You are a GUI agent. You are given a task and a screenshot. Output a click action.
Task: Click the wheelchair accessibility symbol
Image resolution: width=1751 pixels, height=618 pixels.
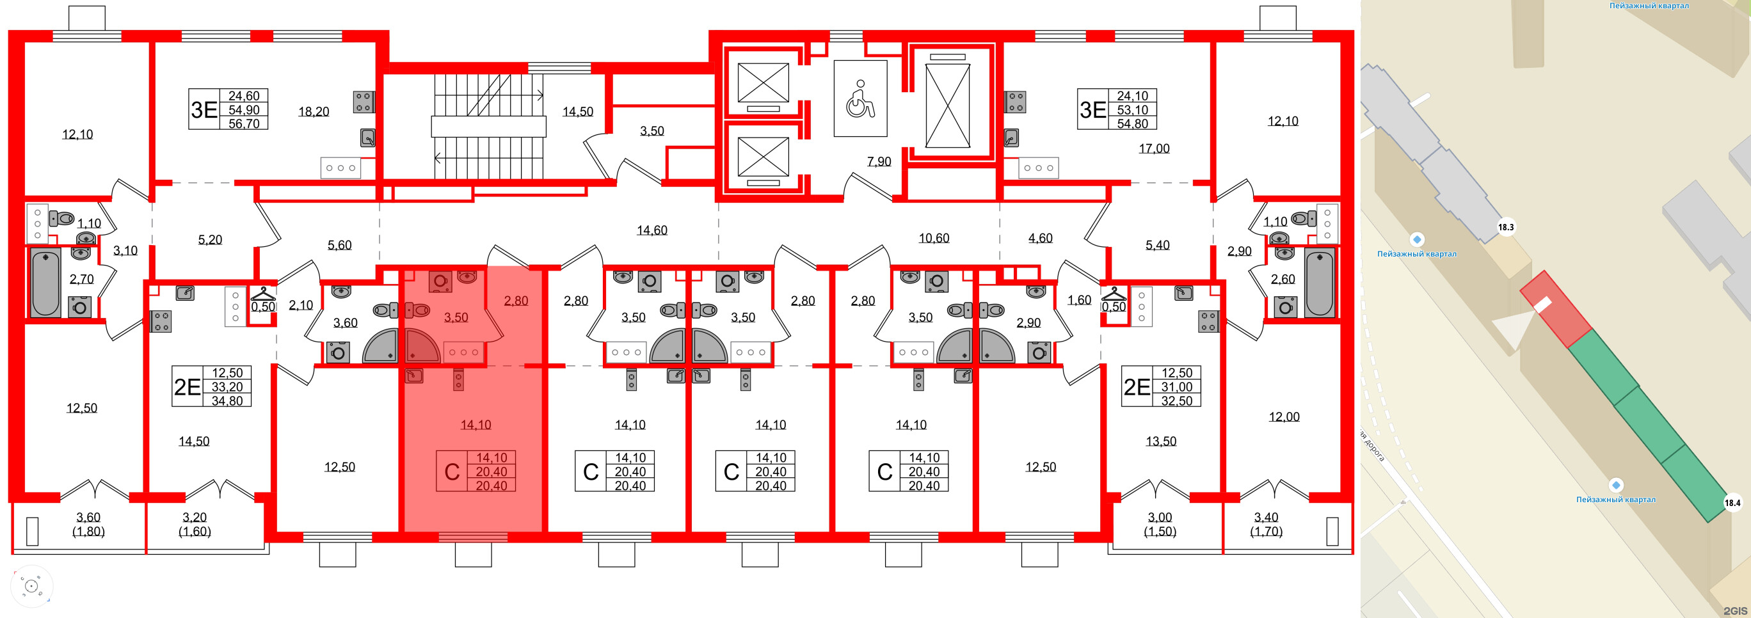click(x=860, y=99)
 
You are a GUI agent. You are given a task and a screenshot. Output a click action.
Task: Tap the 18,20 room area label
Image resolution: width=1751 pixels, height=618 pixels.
click(x=314, y=111)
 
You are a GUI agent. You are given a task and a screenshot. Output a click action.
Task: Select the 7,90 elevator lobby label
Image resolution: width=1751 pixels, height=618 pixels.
click(x=879, y=162)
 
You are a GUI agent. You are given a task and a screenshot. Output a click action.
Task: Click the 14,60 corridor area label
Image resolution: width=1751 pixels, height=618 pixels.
click(x=652, y=230)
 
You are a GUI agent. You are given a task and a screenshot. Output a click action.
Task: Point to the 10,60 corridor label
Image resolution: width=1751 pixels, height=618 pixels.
click(x=933, y=238)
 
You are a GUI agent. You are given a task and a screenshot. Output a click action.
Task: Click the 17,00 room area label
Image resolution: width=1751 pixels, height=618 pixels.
click(x=1153, y=148)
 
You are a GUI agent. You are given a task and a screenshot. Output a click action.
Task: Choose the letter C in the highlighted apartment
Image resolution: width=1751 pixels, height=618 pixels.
click(x=452, y=471)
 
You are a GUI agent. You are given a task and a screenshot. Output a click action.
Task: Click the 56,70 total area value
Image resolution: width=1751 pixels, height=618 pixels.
click(x=243, y=123)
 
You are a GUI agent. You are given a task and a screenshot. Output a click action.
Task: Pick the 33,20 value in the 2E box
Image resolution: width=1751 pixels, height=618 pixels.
click(x=227, y=387)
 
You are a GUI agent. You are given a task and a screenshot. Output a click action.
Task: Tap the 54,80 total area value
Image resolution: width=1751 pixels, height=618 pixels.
click(x=1131, y=123)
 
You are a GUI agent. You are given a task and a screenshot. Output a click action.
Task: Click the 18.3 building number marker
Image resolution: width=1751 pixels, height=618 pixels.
click(x=1506, y=228)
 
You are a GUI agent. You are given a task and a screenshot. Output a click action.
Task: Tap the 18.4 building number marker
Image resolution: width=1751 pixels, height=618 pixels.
click(x=1732, y=503)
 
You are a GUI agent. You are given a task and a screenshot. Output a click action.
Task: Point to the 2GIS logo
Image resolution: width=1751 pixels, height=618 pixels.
click(x=1738, y=610)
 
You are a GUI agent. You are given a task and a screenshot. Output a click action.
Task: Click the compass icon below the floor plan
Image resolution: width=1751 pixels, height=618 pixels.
click(x=31, y=586)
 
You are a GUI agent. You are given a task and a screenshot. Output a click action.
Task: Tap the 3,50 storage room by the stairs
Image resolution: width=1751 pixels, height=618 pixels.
click(x=652, y=131)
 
